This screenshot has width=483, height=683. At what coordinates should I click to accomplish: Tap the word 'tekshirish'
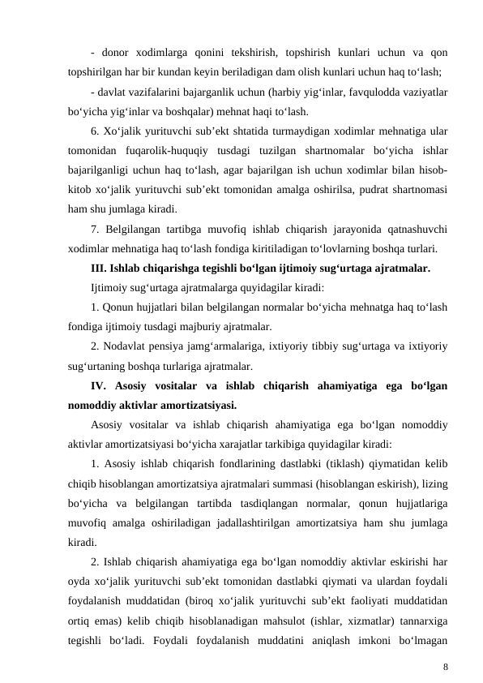255,51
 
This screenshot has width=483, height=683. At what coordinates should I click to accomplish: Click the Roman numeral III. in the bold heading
100,268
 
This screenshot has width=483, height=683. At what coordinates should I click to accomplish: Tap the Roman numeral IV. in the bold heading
102,386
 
